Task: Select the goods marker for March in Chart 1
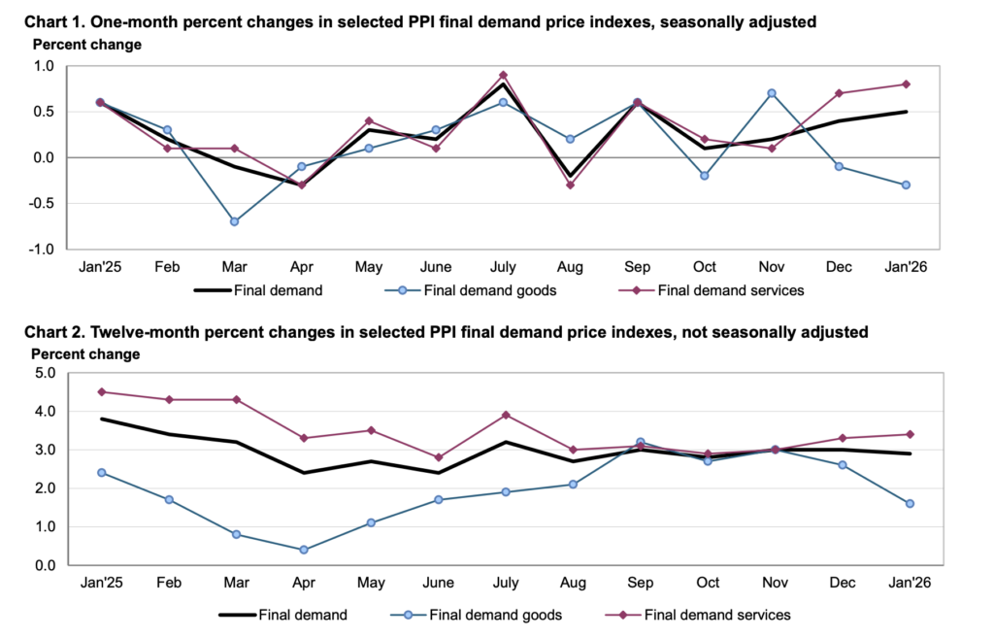(235, 221)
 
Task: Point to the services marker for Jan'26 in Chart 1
(906, 84)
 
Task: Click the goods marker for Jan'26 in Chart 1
(906, 185)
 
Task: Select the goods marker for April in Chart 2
(304, 550)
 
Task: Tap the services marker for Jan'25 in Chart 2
(101, 392)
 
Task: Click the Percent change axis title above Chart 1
(87, 45)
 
